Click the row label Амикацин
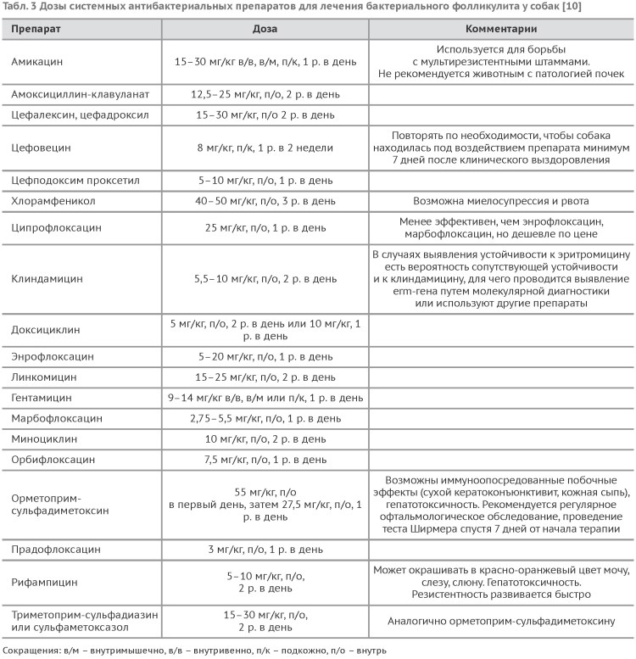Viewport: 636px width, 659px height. [x=37, y=62]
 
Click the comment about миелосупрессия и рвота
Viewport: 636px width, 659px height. [x=501, y=203]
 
